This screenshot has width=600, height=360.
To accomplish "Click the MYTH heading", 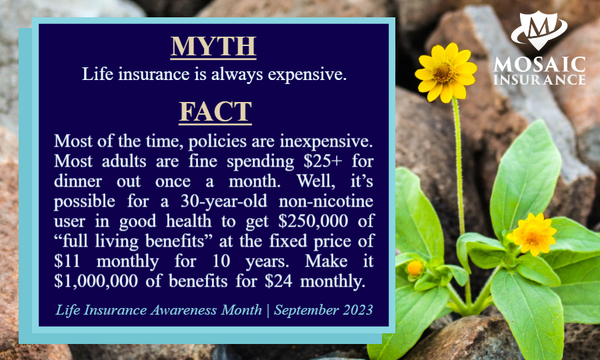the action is click(x=213, y=47).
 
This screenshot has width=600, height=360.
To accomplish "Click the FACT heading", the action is click(x=215, y=112).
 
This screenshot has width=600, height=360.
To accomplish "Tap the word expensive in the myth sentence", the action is click(x=307, y=74).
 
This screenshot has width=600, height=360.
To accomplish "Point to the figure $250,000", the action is click(x=313, y=221).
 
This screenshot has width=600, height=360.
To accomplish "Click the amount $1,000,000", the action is click(x=95, y=281).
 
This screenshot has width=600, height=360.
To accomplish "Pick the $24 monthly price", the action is click(x=278, y=281).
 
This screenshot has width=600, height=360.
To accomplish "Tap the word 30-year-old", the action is click(x=224, y=201).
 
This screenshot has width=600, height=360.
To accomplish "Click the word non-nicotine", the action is click(x=326, y=201).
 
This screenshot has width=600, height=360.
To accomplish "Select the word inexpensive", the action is click(x=326, y=141).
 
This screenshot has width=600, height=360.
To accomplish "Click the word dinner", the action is click(x=78, y=181).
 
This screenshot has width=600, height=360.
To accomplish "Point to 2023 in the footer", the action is click(x=357, y=309).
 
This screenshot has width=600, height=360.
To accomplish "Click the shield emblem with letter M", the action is click(x=539, y=30).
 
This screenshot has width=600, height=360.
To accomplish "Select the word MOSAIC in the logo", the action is click(x=539, y=65).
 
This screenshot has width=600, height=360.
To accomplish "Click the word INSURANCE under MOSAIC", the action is click(x=539, y=79).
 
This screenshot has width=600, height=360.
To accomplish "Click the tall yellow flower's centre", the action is click(x=444, y=72).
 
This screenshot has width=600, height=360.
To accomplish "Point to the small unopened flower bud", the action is click(x=415, y=268).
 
